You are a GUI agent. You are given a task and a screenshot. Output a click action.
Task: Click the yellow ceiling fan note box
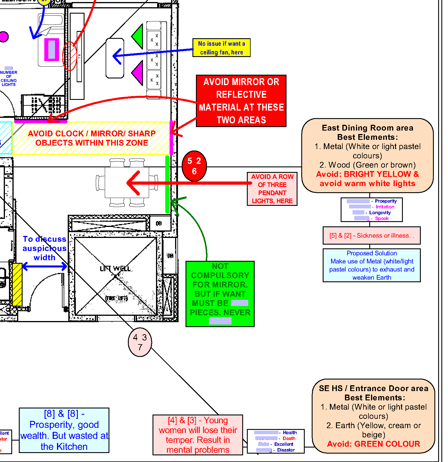(x=221, y=48)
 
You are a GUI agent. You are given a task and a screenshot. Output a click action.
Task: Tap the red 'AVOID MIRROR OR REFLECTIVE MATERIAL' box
(x=241, y=101)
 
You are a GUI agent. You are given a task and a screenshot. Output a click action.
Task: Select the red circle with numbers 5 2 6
(x=194, y=166)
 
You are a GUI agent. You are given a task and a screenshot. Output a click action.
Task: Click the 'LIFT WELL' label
(x=115, y=269)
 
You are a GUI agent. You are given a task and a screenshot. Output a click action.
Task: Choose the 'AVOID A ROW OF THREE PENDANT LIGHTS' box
(x=272, y=189)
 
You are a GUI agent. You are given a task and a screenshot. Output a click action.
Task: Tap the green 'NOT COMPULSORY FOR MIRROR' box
(x=220, y=294)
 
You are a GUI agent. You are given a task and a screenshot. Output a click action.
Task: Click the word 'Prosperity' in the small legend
(x=385, y=201)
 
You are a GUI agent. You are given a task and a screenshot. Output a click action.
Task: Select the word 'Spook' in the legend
(x=382, y=218)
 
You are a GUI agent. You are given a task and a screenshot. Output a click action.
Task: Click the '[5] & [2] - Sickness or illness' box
(x=372, y=236)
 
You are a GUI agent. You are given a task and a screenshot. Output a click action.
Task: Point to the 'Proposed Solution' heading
(x=372, y=253)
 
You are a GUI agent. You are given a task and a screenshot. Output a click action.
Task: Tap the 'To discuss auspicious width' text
(x=45, y=248)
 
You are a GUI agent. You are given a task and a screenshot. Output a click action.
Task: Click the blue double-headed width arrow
(x=45, y=266)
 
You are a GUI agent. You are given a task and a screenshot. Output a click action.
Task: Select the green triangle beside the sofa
(x=138, y=36)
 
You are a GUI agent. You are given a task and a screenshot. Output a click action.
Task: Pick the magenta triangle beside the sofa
(x=138, y=73)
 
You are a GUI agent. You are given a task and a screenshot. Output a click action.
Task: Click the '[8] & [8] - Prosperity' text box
(x=64, y=430)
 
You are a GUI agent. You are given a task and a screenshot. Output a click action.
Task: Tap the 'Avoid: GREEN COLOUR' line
(x=373, y=444)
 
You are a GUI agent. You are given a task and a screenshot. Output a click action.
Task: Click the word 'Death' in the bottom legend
(x=289, y=438)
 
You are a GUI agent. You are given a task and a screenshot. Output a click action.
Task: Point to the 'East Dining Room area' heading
(x=368, y=128)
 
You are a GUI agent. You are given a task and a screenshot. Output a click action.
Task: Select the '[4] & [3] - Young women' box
(x=198, y=435)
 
